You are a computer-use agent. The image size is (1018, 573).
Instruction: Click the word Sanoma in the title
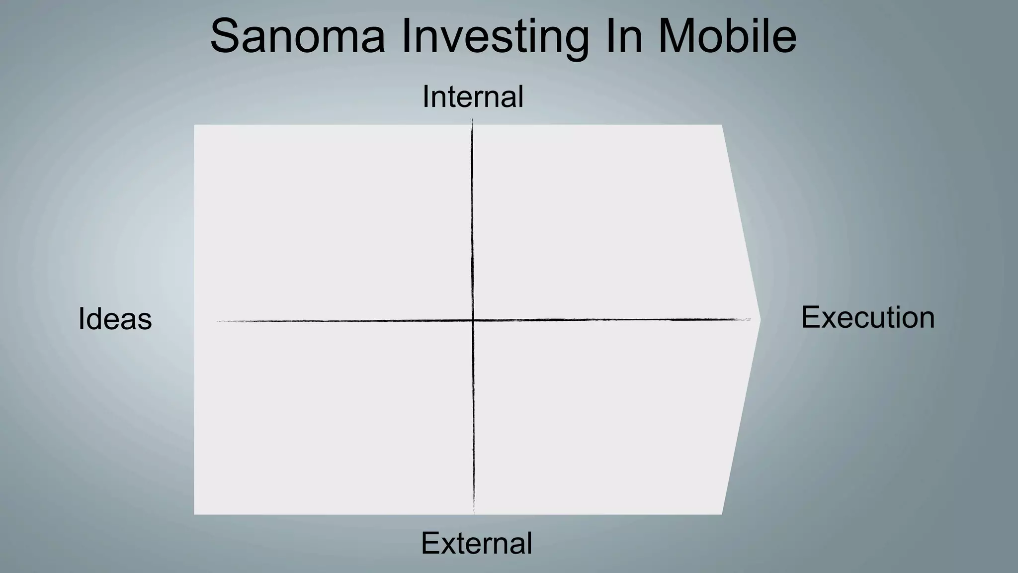pyautogui.click(x=297, y=36)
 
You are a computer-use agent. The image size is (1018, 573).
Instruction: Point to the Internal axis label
pyautogui.click(x=473, y=96)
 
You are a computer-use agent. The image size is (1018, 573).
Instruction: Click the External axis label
pyautogui.click(x=476, y=543)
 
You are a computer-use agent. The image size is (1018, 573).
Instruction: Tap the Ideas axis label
pyautogui.click(x=115, y=319)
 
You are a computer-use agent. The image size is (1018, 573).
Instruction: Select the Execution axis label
pyautogui.click(x=868, y=317)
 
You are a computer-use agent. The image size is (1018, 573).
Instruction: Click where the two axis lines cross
pyautogui.click(x=473, y=320)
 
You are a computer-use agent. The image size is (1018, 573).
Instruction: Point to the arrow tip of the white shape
pyautogui.click(x=760, y=320)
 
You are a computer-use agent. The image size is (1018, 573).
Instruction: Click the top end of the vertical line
pyautogui.click(x=472, y=119)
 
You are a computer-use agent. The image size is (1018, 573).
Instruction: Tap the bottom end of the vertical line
pyautogui.click(x=474, y=513)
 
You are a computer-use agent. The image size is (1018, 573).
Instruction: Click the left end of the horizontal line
pyautogui.click(x=218, y=321)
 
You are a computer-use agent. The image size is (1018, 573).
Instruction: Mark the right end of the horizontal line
pyautogui.click(x=750, y=319)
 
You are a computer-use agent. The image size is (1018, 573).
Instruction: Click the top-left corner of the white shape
pyautogui.click(x=194, y=125)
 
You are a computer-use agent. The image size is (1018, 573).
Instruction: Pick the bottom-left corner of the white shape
pyautogui.click(x=194, y=514)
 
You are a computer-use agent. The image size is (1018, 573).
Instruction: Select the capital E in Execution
pyautogui.click(x=811, y=317)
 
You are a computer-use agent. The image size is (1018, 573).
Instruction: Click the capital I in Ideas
pyautogui.click(x=81, y=319)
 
